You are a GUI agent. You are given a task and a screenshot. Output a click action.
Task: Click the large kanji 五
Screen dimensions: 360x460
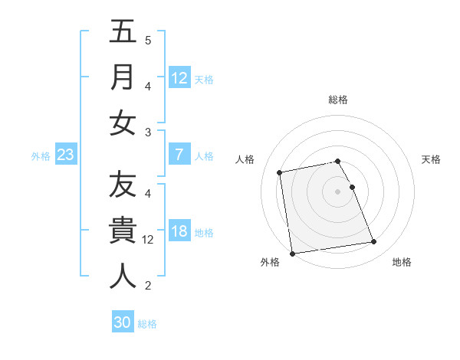point(123,32)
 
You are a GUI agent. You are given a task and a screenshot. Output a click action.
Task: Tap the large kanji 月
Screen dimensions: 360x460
point(123,77)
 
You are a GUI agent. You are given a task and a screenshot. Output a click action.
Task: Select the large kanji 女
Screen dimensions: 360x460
point(123,123)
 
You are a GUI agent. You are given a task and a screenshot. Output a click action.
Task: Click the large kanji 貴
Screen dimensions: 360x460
point(123,231)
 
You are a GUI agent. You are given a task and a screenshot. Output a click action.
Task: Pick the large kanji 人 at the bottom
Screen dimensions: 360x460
point(123,276)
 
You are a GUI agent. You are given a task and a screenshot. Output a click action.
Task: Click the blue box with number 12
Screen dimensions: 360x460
point(179,77)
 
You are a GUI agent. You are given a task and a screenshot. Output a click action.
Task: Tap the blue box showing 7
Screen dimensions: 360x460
point(179,155)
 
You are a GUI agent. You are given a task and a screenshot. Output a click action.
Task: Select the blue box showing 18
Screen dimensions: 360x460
point(179,232)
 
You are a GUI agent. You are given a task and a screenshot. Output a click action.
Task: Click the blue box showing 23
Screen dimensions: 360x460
point(66,155)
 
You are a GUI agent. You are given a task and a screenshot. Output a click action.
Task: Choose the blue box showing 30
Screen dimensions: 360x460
point(123,322)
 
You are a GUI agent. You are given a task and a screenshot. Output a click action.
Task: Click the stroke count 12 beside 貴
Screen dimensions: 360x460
point(148,240)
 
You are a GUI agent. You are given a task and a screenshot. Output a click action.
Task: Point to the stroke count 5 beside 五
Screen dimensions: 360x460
point(148,40)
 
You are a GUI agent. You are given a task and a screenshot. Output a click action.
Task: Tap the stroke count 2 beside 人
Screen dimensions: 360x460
point(148,286)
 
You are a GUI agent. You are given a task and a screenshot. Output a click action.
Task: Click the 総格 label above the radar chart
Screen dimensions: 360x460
point(338,99)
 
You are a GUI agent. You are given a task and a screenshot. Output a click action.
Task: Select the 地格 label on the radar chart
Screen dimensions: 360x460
point(402,262)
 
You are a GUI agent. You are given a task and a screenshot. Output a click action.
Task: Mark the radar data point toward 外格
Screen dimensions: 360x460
point(292,253)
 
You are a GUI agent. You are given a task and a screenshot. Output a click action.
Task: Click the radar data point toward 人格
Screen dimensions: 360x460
point(280,172)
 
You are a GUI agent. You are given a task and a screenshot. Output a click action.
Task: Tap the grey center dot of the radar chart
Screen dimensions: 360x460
point(338,191)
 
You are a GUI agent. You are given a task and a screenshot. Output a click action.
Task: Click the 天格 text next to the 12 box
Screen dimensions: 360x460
point(204,79)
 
